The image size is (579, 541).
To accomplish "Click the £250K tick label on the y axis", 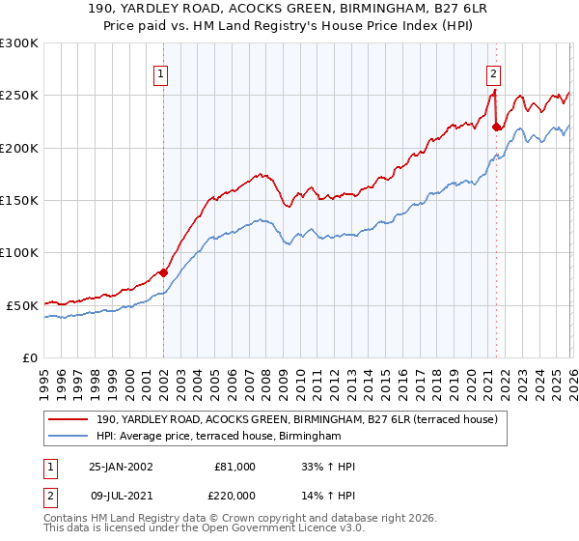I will point(19,96).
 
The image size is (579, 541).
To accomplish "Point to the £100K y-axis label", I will point(19,253).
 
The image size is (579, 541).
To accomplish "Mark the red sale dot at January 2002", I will point(163,272).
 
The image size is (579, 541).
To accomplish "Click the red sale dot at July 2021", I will point(496,127).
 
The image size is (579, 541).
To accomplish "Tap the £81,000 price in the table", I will point(234,467).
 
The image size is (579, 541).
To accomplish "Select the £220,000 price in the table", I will point(234,496).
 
